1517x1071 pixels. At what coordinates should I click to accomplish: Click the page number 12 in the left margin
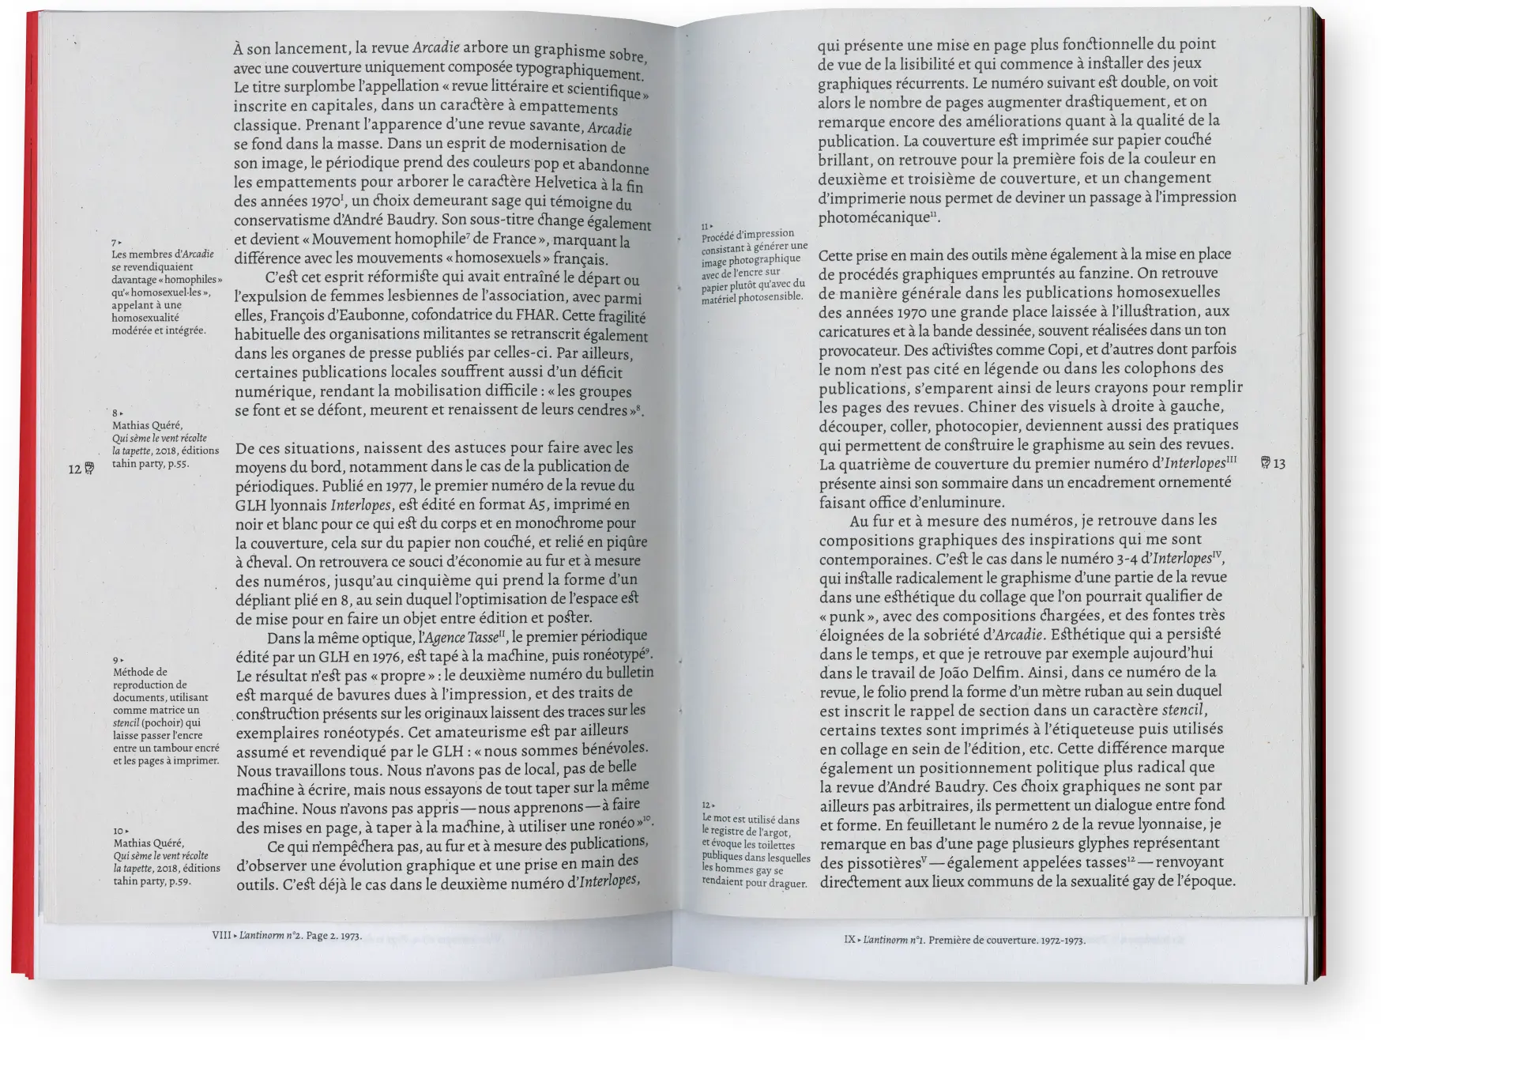(75, 469)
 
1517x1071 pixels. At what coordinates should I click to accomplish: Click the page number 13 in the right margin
(1279, 463)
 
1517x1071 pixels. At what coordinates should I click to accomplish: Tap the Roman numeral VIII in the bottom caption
(221, 935)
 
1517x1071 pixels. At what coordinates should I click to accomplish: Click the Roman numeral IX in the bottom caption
(849, 940)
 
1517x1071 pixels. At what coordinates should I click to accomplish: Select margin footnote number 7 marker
(115, 242)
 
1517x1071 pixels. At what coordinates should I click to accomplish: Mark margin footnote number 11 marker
(705, 227)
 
